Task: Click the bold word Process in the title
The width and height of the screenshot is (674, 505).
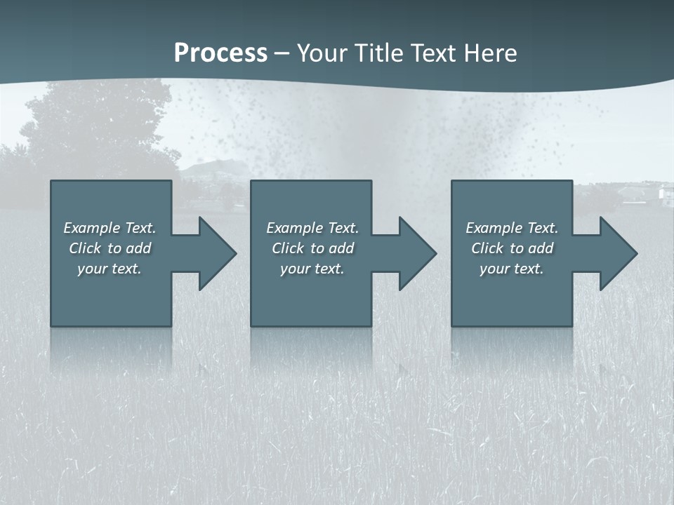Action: tap(220, 53)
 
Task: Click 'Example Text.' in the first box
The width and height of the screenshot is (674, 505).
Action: tap(110, 228)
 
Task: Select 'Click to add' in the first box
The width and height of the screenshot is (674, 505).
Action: tap(110, 248)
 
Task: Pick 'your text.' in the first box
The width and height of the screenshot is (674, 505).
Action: tap(110, 269)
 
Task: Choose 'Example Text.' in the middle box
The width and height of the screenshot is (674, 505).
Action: tap(312, 228)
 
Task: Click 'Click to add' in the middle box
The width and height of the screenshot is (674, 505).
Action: tap(312, 248)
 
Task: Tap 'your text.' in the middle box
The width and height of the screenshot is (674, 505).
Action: tap(312, 269)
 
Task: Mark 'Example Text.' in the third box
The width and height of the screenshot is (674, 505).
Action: tap(512, 228)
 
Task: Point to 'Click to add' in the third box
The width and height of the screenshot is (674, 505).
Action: tap(512, 248)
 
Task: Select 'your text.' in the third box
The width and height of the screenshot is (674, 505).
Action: tap(512, 269)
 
